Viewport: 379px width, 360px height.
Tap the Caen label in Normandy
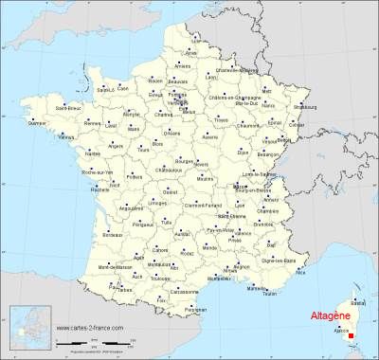(122, 88)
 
